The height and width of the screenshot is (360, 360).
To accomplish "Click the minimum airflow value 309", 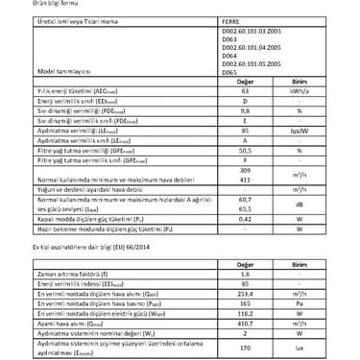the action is click(x=245, y=170).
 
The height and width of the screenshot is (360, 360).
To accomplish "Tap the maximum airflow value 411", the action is click(x=245, y=180).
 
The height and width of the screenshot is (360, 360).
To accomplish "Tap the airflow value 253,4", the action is click(x=245, y=293).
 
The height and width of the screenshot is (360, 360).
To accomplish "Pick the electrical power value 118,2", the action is click(x=245, y=313).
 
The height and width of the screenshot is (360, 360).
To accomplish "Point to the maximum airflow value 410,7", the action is click(x=245, y=324).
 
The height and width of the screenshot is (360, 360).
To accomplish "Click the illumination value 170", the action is click(x=245, y=348).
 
